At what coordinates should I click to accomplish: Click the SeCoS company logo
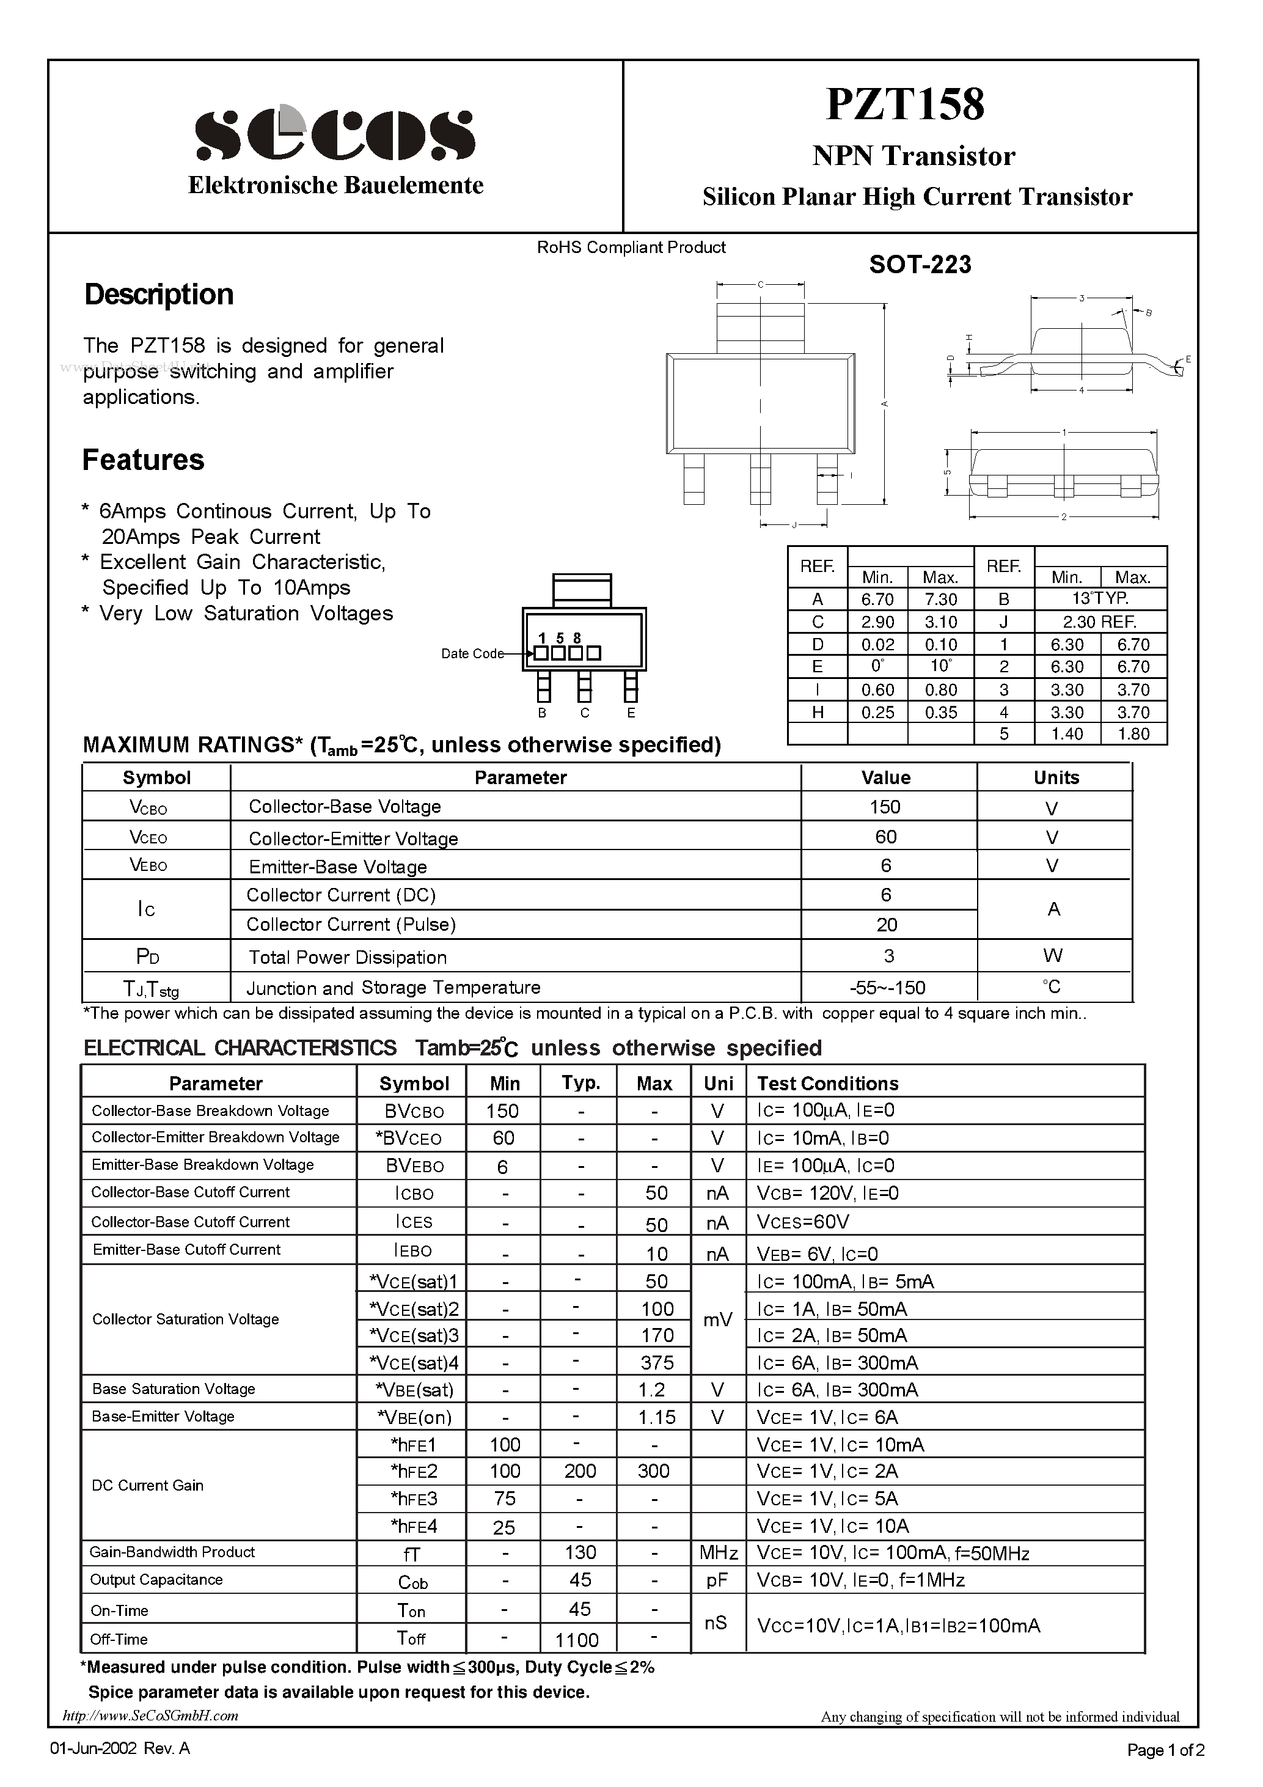point(335,134)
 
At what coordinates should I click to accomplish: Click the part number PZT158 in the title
point(905,105)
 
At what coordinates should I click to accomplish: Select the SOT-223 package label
point(920,265)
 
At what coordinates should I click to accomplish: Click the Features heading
point(143,460)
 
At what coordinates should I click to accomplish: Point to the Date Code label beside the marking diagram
point(472,654)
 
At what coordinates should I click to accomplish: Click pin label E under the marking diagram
point(631,713)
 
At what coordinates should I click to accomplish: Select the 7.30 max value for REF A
point(940,600)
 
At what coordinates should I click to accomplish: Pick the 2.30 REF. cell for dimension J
point(1100,622)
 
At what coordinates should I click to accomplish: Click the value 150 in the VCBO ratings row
point(885,807)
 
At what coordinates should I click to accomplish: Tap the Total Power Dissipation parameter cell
point(347,957)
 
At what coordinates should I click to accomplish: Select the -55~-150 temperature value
point(887,988)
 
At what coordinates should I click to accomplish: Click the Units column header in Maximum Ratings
point(1055,777)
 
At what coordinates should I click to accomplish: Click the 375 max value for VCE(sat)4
point(657,1362)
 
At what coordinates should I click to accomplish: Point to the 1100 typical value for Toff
point(577,1640)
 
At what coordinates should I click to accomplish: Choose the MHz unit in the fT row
point(717,1553)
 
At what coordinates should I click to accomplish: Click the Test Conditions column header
point(827,1084)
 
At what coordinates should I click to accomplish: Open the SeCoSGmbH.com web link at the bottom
point(150,1715)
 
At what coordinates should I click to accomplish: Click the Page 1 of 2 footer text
point(1165,1750)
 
